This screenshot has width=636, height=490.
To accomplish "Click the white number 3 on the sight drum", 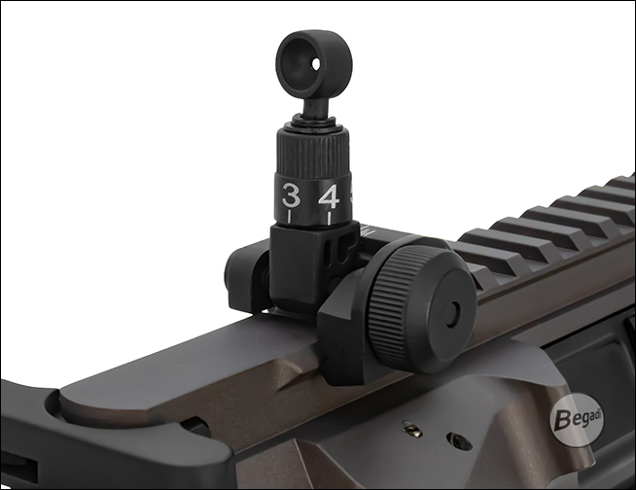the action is [291, 195].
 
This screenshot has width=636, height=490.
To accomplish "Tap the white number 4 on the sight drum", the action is [330, 196].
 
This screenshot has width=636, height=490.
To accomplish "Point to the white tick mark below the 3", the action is [289, 216].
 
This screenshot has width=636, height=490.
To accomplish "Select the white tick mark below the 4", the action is [330, 218].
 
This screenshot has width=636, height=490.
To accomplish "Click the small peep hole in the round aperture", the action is [316, 63].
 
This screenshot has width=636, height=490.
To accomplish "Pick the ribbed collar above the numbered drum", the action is [313, 151].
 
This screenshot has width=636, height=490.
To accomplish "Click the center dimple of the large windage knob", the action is [452, 312].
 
